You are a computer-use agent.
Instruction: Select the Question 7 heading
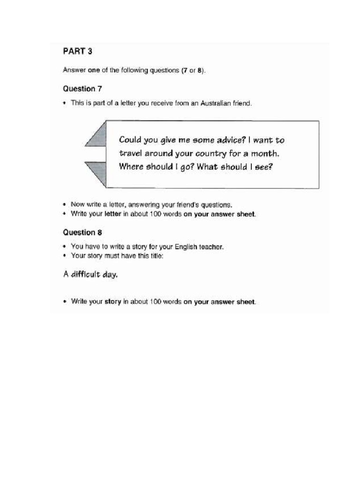(x=82, y=88)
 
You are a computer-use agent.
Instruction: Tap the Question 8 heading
(x=82, y=232)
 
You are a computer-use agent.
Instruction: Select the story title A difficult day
(x=90, y=275)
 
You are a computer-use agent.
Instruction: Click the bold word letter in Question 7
(x=112, y=214)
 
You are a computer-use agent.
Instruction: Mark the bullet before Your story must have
(x=65, y=256)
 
